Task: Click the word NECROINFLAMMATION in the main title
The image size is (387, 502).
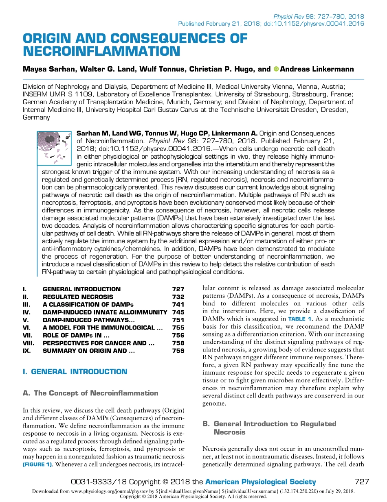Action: point(101,51)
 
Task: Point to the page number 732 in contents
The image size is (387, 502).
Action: point(178,297)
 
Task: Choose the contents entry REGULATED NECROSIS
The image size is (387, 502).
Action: point(78,297)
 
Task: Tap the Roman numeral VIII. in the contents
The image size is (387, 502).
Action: point(28,343)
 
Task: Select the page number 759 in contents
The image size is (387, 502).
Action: point(178,351)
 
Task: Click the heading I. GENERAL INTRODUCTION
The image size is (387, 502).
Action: point(75,371)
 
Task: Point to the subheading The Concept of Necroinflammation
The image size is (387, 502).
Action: point(90,393)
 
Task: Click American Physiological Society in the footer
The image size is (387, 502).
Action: point(260,482)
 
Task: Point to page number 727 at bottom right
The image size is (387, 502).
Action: point(362,482)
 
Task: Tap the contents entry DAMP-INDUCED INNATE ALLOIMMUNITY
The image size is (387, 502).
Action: point(105,312)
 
